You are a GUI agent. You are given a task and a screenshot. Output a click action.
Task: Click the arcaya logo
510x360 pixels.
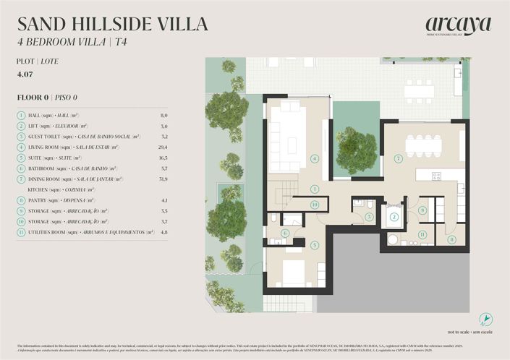click(x=458, y=26)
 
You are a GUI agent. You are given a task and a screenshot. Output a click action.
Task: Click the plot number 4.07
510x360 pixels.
click(x=25, y=74)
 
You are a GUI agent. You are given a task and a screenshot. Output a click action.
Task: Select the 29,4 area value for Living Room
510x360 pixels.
click(x=162, y=147)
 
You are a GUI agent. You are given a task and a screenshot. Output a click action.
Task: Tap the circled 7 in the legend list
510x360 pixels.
click(x=21, y=179)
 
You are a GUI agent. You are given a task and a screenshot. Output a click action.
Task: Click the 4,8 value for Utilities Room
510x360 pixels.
click(x=163, y=231)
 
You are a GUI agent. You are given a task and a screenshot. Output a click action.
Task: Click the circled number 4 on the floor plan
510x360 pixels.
click(x=314, y=158)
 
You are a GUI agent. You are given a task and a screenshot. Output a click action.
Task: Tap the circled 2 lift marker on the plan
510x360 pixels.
click(x=394, y=217)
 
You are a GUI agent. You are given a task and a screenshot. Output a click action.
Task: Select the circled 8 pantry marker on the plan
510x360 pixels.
click(x=452, y=239)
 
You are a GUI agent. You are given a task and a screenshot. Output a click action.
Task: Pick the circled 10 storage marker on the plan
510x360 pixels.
click(x=315, y=205)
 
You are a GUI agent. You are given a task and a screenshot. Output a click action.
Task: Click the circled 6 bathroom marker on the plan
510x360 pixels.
click(x=285, y=233)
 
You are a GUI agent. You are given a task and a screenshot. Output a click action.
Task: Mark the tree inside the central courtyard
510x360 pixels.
click(x=357, y=150)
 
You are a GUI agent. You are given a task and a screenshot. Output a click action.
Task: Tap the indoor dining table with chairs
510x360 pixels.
click(x=423, y=145)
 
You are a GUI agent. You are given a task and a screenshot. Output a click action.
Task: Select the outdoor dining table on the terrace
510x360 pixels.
click(x=420, y=90)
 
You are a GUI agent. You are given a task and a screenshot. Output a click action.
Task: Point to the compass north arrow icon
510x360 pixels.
click(x=486, y=319)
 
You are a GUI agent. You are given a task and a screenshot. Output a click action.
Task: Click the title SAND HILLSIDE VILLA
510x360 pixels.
click(x=112, y=24)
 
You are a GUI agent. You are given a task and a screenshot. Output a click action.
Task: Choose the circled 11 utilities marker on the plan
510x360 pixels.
click(x=422, y=234)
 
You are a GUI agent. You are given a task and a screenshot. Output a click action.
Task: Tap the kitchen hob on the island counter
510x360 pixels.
click(x=436, y=176)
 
